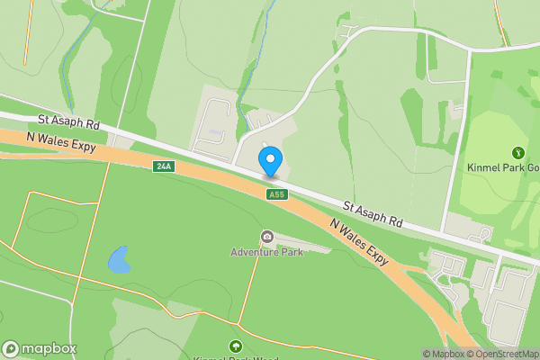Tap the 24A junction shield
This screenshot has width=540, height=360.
[163, 166]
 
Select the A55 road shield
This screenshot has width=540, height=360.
[275, 195]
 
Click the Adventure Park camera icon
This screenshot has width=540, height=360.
[267, 237]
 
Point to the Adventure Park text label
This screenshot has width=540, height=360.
[266, 252]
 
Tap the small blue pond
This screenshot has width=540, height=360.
[118, 260]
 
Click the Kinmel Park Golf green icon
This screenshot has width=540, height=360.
[518, 153]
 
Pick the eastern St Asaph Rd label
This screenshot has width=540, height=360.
[372, 211]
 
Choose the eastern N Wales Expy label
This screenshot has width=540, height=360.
[359, 241]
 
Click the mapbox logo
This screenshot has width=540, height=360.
[39, 349]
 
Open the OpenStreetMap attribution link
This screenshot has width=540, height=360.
[503, 354]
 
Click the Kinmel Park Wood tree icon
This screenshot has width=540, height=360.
[236, 346]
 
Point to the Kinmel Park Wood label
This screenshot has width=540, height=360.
[236, 357]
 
